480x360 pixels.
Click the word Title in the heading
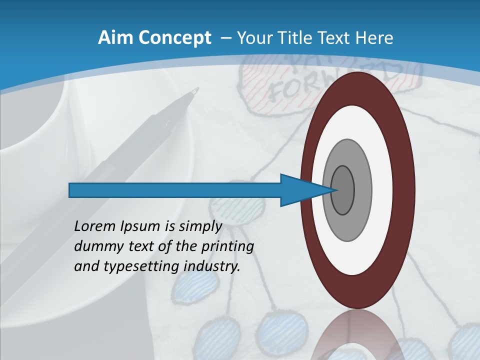(301, 38)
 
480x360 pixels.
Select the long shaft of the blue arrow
(175, 190)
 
